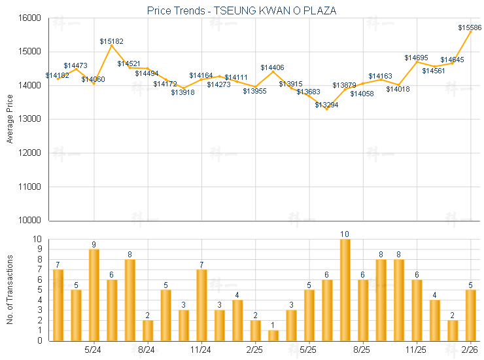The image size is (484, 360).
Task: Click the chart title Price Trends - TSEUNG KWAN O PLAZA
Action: (x=241, y=11)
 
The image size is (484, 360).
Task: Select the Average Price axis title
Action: (x=10, y=118)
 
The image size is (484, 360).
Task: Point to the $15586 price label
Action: (x=470, y=27)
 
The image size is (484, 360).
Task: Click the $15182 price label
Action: (x=112, y=41)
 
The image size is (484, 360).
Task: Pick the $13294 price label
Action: (x=326, y=105)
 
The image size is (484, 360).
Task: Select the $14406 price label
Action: (x=272, y=67)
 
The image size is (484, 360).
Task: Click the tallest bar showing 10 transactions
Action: (x=345, y=289)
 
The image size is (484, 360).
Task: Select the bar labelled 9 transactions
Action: (x=94, y=295)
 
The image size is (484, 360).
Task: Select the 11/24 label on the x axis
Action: (x=201, y=350)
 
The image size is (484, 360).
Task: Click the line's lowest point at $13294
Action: (x=327, y=109)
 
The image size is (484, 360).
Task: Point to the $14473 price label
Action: (x=75, y=65)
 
